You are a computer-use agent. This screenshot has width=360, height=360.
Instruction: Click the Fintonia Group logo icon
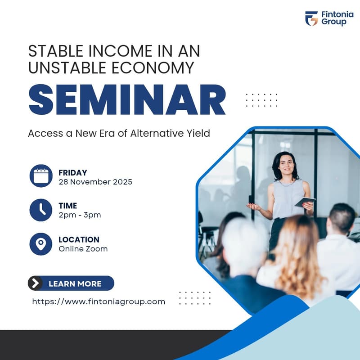(x=311, y=18)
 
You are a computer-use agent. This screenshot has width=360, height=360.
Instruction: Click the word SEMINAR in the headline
(x=127, y=100)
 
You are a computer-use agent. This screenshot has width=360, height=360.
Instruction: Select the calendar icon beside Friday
(x=41, y=175)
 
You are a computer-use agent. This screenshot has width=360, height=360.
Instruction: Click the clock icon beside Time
(x=41, y=210)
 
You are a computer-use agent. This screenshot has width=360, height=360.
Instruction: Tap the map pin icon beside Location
(x=41, y=244)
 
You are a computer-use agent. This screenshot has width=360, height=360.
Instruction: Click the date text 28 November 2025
(x=95, y=182)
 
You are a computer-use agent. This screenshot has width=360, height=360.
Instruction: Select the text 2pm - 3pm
(x=80, y=215)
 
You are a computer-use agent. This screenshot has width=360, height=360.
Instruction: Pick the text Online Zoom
(x=83, y=248)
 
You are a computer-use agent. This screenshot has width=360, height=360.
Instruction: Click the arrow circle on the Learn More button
(x=35, y=283)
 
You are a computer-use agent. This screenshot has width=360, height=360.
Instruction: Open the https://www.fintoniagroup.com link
(x=99, y=301)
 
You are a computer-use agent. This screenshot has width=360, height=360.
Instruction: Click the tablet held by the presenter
(x=305, y=202)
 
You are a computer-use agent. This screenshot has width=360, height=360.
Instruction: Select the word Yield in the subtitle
(x=198, y=134)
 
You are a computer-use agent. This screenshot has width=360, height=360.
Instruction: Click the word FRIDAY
(x=73, y=173)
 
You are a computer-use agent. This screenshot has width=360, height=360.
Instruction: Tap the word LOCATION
(x=79, y=239)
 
